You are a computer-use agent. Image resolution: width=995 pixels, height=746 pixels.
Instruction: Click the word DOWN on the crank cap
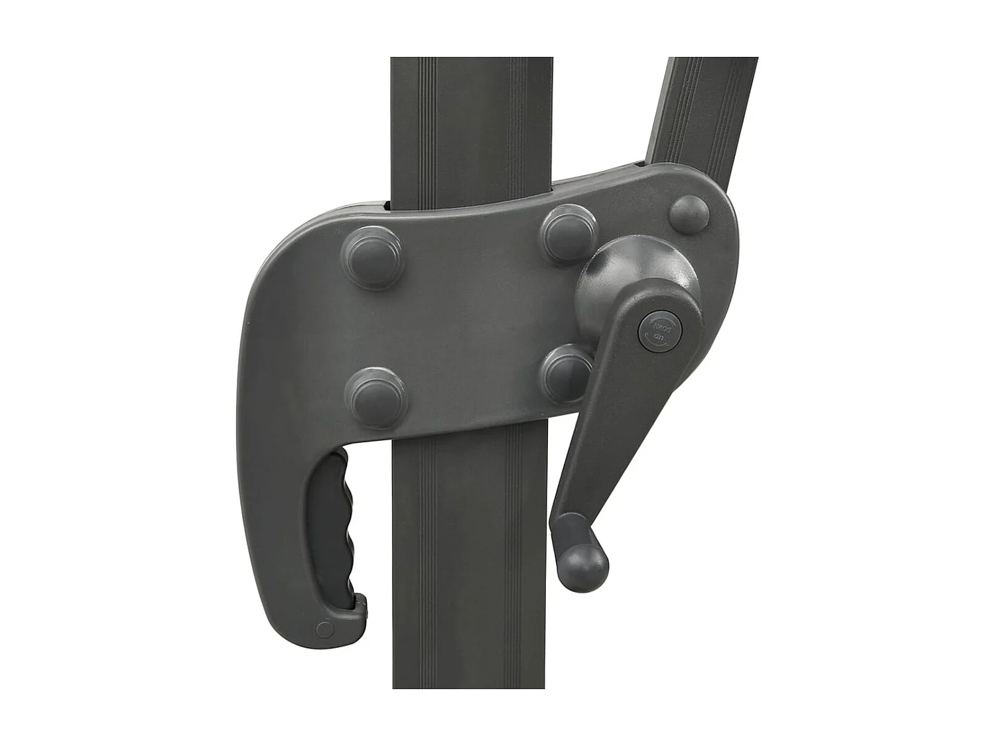(664, 325)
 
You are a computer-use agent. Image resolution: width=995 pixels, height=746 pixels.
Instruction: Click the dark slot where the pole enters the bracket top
(388, 206)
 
